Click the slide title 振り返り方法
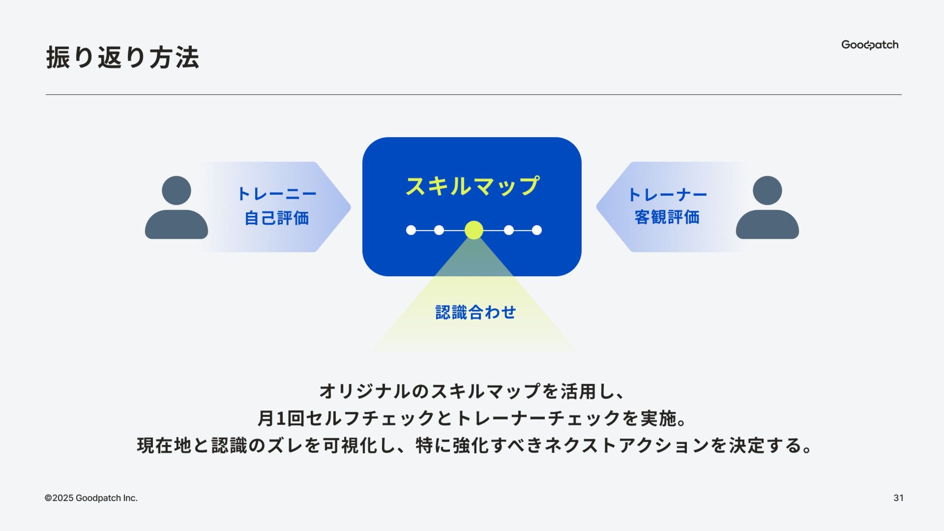122,58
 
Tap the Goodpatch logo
869,45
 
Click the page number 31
898,498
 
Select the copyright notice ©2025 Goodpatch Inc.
91,498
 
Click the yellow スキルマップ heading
472,186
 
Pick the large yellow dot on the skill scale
474,230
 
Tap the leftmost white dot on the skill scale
411,230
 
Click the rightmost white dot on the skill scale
537,230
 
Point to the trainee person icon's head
176,190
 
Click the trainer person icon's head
767,190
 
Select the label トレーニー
277,194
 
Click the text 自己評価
277,218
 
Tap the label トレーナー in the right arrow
667,195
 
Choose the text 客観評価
667,217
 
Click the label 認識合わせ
475,312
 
